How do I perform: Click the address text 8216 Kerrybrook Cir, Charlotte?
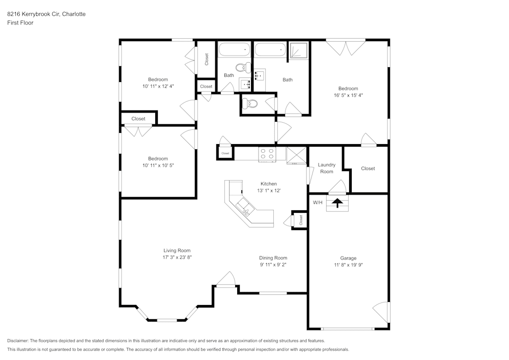click(x=46, y=14)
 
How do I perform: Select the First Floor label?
click(x=20, y=23)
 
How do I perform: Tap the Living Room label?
click(x=177, y=250)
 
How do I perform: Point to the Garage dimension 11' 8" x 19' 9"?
click(x=348, y=265)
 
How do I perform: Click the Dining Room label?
click(x=273, y=258)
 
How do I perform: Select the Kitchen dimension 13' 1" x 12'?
click(x=269, y=190)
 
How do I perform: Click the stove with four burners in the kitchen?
click(x=266, y=154)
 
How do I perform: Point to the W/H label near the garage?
click(x=318, y=202)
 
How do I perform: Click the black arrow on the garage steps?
click(x=336, y=203)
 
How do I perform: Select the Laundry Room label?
click(x=326, y=168)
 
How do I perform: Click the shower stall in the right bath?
click(x=298, y=51)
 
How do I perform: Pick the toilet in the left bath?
click(x=242, y=68)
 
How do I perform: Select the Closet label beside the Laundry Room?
click(x=367, y=169)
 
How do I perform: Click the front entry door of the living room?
click(x=225, y=281)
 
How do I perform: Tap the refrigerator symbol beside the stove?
click(x=296, y=155)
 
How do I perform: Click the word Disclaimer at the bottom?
click(x=18, y=341)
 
